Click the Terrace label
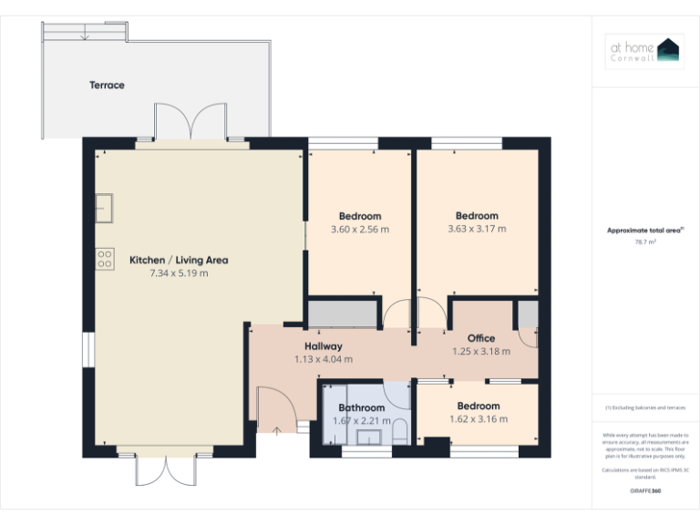pos(107,86)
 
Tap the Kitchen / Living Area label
pos(179,260)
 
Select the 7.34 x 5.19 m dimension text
pos(179,273)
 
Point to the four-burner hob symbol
pos(105,258)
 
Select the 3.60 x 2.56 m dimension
pos(359,230)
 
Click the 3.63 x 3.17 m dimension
pos(477,229)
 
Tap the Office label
pos(481,338)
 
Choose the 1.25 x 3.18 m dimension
pos(481,351)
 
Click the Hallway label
pos(324,346)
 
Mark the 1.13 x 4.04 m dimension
pos(324,359)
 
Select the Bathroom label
pos(362,407)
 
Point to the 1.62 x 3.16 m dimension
pos(479,419)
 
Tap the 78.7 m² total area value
pos(645,242)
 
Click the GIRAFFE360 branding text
pos(645,490)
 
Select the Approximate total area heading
pos(645,231)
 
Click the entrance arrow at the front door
pos(276,428)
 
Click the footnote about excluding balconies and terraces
pos(645,407)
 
